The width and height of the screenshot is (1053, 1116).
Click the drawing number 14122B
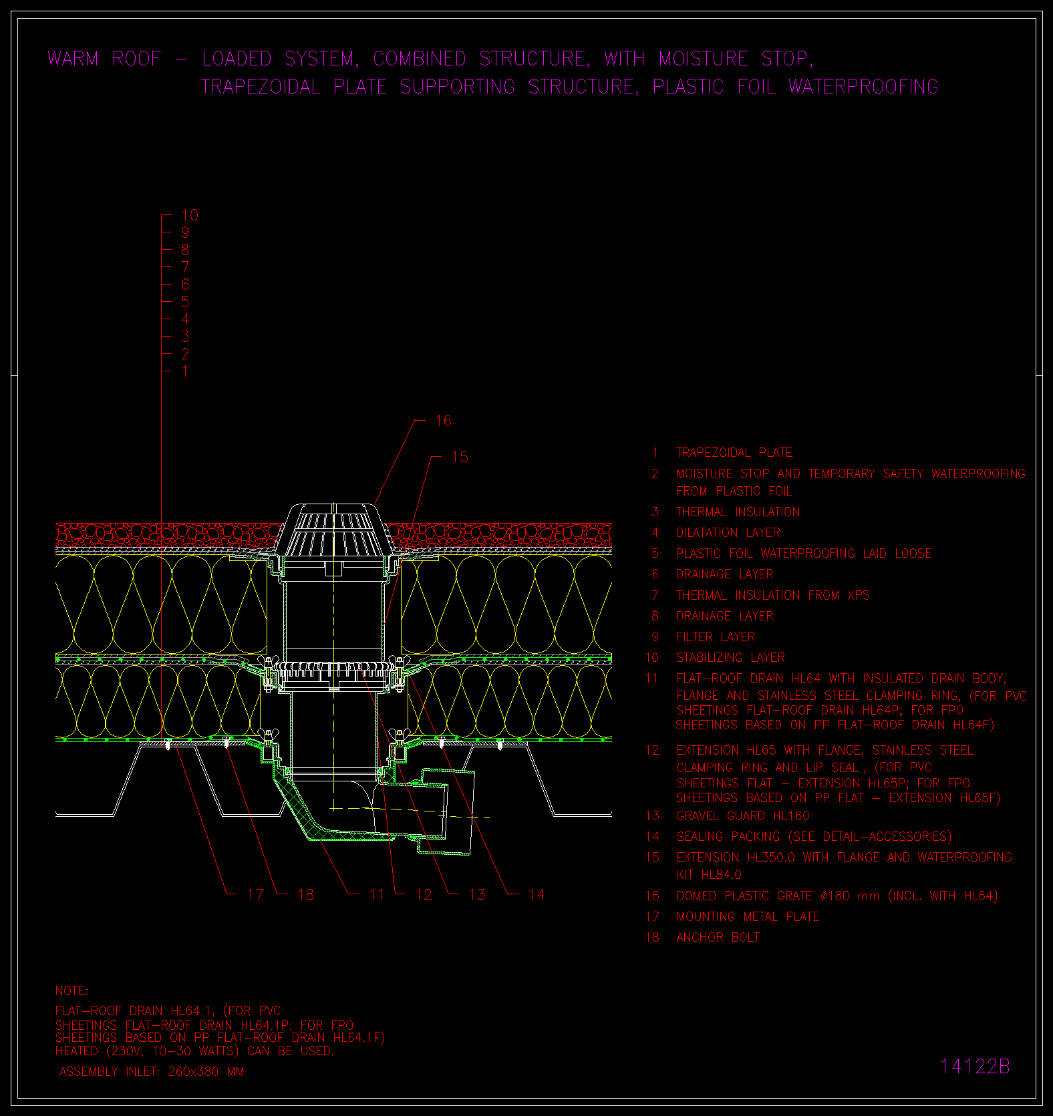[975, 1067]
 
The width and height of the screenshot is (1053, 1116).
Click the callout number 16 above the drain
[443, 421]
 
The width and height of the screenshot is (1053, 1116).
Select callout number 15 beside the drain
[460, 457]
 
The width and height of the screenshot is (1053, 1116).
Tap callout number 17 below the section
[255, 894]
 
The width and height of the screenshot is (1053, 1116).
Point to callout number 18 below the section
[305, 894]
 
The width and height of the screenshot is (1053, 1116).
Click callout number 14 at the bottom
[536, 894]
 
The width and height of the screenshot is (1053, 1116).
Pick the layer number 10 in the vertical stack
[190, 215]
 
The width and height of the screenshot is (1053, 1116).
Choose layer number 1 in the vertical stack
[185, 371]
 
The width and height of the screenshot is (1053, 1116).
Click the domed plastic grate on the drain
[331, 532]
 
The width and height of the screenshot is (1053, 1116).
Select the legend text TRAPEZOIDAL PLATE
[734, 453]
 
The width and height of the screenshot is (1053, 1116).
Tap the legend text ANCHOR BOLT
[718, 938]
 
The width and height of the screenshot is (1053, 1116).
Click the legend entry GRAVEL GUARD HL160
[743, 816]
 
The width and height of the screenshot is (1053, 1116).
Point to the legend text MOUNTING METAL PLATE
[748, 917]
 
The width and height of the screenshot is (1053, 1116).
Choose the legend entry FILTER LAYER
[716, 637]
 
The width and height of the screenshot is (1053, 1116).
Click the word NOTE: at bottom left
[71, 991]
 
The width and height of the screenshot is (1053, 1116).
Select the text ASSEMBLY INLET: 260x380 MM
[152, 1072]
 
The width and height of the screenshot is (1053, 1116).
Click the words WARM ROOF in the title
[105, 59]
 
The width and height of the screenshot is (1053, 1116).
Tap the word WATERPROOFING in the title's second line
[863, 87]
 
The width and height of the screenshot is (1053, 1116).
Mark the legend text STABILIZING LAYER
[730, 658]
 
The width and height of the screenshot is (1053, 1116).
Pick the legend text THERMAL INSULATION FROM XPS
[773, 596]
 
